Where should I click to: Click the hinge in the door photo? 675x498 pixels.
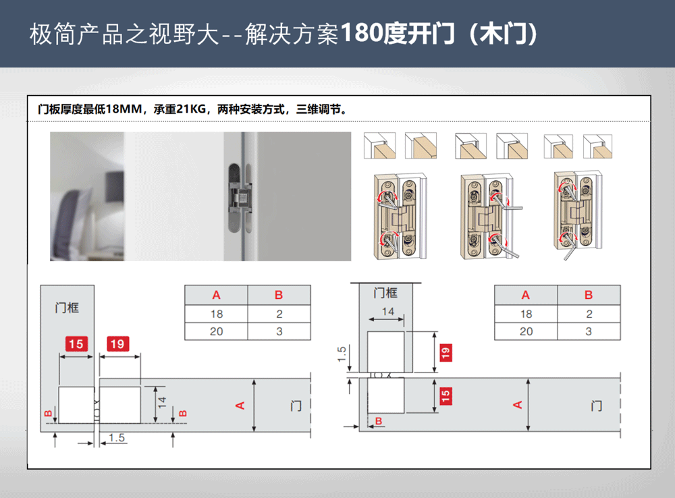(x=240, y=198)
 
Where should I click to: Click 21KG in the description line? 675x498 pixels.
(x=191, y=109)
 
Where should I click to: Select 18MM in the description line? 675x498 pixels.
(x=124, y=109)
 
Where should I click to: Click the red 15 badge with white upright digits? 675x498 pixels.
(x=76, y=344)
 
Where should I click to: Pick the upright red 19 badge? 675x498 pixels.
(x=117, y=344)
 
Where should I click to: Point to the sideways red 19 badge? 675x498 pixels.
(x=446, y=352)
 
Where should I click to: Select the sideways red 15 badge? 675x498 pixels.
(x=446, y=395)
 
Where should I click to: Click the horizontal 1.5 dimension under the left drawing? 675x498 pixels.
(x=117, y=438)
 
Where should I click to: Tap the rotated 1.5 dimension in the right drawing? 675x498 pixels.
(x=342, y=354)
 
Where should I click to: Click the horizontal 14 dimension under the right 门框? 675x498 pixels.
(x=388, y=311)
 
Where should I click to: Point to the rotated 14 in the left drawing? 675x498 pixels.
(x=162, y=402)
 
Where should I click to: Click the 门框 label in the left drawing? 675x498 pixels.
(x=67, y=308)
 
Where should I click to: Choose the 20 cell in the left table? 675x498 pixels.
(x=217, y=331)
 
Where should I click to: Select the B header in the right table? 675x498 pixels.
(x=589, y=295)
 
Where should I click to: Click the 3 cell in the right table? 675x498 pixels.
(x=589, y=331)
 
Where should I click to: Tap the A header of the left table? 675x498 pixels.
(x=216, y=295)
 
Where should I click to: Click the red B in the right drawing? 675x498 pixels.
(x=379, y=421)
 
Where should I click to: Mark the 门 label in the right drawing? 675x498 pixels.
(x=596, y=406)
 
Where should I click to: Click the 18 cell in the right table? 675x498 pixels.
(x=526, y=314)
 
